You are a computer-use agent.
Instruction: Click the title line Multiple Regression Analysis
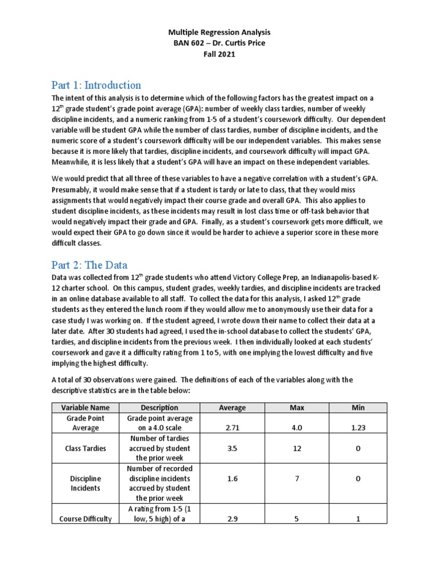click(219, 33)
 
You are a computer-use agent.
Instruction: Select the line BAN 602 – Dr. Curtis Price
click(219, 43)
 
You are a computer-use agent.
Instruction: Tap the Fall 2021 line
click(219, 54)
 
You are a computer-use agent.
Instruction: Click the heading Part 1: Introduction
click(96, 85)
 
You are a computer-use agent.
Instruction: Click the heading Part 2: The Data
click(89, 265)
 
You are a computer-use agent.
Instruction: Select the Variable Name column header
click(85, 407)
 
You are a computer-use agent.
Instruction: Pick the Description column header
click(159, 407)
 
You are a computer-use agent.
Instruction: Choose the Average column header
click(232, 407)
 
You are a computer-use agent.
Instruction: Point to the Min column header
click(358, 407)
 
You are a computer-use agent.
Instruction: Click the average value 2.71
click(232, 427)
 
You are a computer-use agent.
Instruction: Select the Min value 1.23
click(358, 427)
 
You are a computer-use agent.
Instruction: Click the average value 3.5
click(232, 449)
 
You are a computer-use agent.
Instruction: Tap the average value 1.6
click(232, 478)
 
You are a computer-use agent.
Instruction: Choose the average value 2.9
click(232, 519)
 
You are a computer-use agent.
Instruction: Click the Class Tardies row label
click(85, 449)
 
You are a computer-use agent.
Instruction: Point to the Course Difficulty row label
click(85, 519)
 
